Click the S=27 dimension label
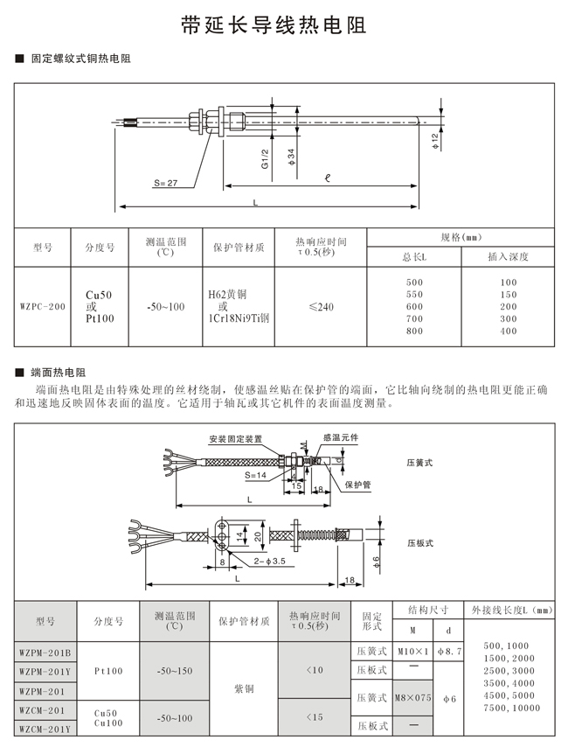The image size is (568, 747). [165, 184]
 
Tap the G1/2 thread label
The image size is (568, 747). [265, 157]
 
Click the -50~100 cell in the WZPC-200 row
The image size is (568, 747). [165, 307]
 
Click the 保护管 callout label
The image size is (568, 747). [357, 484]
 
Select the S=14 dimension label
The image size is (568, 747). [256, 475]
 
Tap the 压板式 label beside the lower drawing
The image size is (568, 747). [420, 543]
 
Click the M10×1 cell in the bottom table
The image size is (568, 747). [413, 652]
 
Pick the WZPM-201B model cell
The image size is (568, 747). [46, 652]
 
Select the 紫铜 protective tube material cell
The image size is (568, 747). [244, 688]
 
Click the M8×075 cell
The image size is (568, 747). [413, 697]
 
